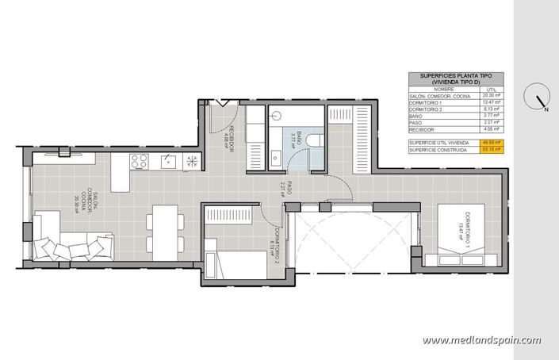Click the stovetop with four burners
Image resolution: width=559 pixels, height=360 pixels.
(x=140, y=162)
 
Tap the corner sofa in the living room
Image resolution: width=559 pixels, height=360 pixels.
(x=67, y=239)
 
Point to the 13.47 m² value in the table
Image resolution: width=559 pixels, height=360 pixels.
(x=492, y=102)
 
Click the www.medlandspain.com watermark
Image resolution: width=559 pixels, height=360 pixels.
(x=481, y=340)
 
